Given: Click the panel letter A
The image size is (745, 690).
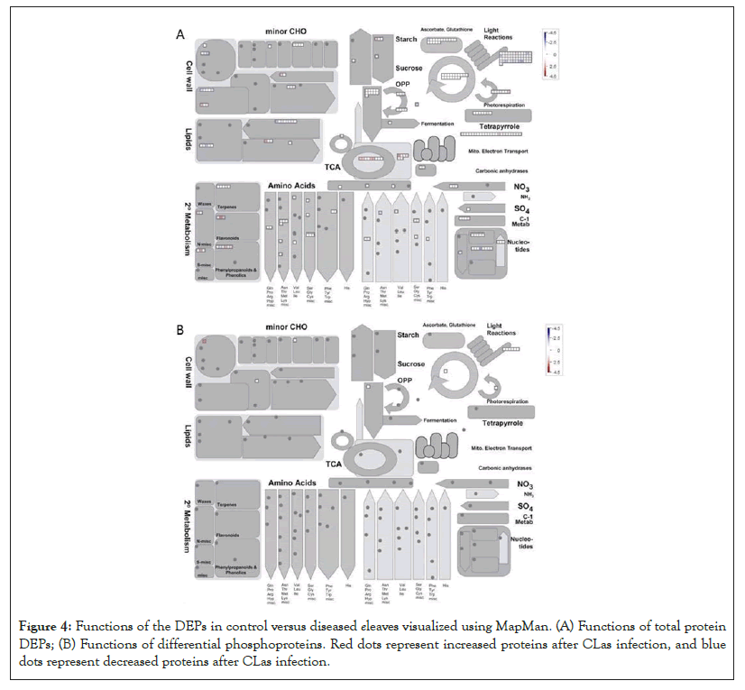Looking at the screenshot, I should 179,36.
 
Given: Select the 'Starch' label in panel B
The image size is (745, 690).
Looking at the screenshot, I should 408,335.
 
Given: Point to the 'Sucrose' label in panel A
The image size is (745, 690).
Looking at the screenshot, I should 409,68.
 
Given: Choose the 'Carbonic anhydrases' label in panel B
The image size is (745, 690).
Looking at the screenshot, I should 503,468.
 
